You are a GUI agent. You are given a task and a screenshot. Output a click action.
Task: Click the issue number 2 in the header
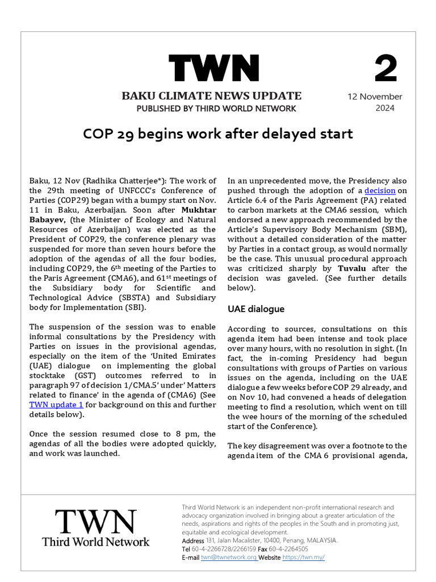(x=386, y=69)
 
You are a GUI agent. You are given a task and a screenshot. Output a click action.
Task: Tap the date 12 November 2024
(x=375, y=102)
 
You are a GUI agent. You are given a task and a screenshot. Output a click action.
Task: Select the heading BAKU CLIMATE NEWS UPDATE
(x=212, y=95)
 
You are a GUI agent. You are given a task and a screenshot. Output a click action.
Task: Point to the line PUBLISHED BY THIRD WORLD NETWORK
(x=216, y=109)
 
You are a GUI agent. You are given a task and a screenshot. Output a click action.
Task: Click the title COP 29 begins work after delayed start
(x=218, y=134)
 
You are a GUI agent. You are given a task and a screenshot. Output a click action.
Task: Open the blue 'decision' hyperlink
(x=379, y=190)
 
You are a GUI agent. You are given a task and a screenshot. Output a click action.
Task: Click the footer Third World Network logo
(x=95, y=528)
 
